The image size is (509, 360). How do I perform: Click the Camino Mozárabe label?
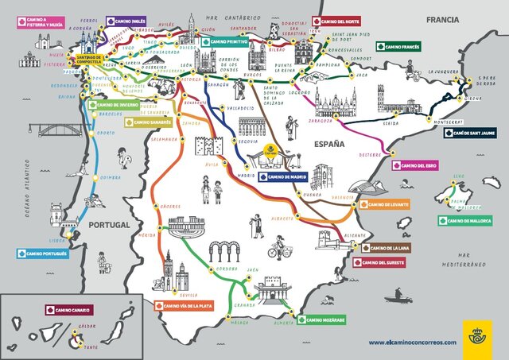[x=323, y=319]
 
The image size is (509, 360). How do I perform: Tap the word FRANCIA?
[x=444, y=19]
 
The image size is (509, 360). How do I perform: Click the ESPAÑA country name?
[x=327, y=144]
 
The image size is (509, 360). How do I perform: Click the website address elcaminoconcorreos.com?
[x=412, y=343]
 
